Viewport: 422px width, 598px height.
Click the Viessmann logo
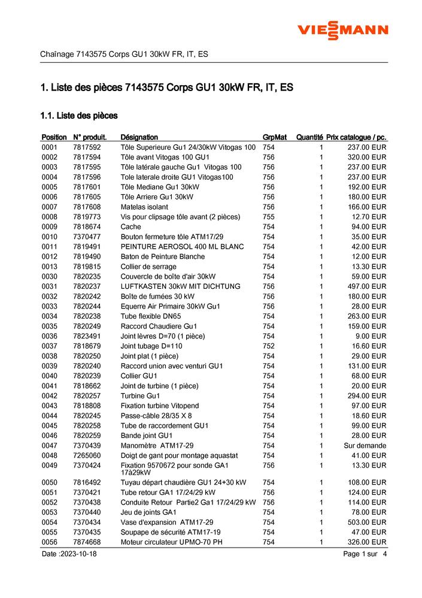tap(343, 30)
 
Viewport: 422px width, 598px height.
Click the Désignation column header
tap(139, 137)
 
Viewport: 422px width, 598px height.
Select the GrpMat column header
tap(274, 137)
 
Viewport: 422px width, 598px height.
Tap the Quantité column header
tap(309, 137)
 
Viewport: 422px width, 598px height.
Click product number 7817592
tap(87, 147)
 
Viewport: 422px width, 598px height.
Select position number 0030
tap(50, 276)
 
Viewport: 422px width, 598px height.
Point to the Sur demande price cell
tap(365, 446)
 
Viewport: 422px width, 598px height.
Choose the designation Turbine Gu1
tap(140, 396)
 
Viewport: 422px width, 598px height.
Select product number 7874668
tap(87, 542)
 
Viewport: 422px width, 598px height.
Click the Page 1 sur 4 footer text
tap(365, 554)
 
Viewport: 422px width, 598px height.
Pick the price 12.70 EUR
tap(369, 217)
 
